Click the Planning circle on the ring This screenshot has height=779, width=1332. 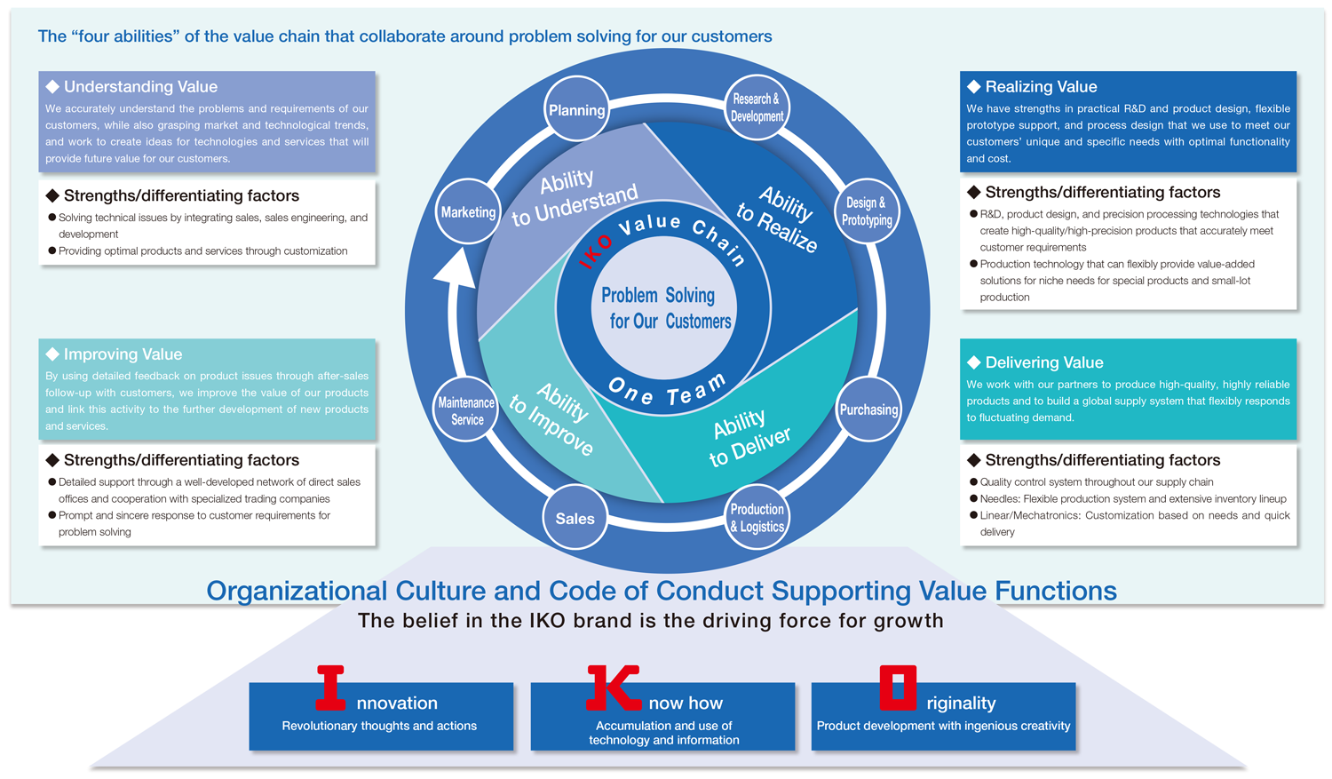tap(576, 110)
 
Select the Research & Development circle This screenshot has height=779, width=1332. tap(757, 107)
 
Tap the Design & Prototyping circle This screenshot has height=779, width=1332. tap(867, 211)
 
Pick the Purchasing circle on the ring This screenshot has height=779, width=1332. tap(868, 409)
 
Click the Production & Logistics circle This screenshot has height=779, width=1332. tap(757, 518)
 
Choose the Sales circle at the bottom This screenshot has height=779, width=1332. tap(575, 519)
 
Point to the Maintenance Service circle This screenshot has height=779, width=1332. tap(466, 410)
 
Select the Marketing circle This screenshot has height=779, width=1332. tap(468, 212)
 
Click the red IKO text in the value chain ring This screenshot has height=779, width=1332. tap(595, 251)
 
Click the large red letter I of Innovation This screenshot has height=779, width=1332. tap(330, 688)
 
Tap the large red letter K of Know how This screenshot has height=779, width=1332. tap(613, 688)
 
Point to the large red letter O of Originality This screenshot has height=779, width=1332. tap(897, 688)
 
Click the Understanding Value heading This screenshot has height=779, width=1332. tap(140, 87)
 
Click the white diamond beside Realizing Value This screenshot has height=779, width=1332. tap(974, 87)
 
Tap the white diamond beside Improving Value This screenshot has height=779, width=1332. tap(52, 354)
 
